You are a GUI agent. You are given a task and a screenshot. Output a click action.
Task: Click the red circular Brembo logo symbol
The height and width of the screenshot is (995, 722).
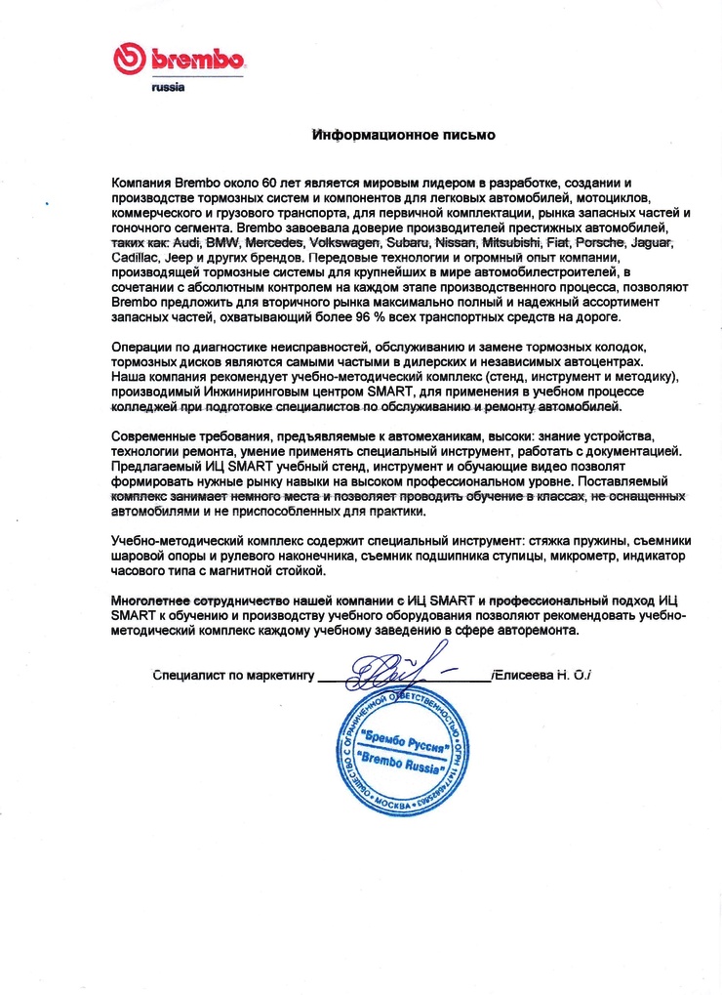click(x=129, y=61)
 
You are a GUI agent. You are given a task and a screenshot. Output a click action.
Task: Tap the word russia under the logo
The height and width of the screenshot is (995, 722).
click(x=168, y=88)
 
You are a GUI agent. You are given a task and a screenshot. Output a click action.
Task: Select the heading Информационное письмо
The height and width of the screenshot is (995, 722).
click(x=403, y=135)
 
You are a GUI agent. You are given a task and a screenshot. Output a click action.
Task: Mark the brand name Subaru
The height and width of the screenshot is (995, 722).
click(x=409, y=241)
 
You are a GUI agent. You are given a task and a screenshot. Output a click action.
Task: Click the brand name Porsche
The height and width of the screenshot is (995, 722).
click(x=604, y=241)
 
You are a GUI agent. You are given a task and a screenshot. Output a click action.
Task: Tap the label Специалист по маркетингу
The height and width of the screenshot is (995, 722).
click(x=232, y=675)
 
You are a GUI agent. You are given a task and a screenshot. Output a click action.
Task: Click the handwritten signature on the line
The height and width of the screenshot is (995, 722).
click(x=390, y=672)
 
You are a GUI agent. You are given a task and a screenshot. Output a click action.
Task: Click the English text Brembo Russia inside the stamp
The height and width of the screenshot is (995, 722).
click(x=399, y=767)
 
